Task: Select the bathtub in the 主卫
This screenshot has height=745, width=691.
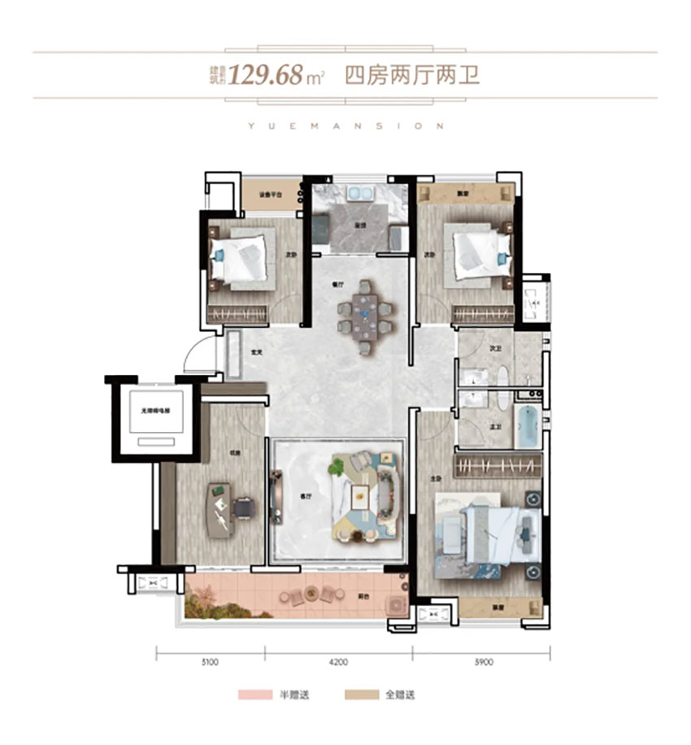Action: (x=527, y=425)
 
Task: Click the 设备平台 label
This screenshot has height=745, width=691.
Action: (x=270, y=195)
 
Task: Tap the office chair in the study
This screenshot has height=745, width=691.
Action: (x=243, y=508)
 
